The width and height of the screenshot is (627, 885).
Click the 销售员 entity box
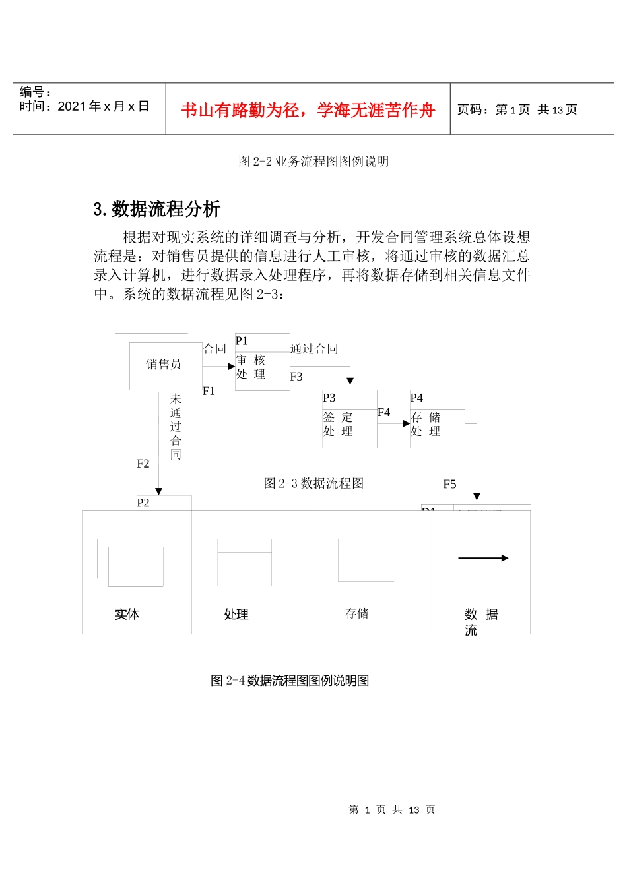pyautogui.click(x=164, y=365)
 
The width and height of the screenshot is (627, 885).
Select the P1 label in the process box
pyautogui.click(x=242, y=341)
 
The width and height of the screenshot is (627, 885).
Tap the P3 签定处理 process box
pyautogui.click(x=349, y=419)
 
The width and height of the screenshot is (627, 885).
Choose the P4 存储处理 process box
pyautogui.click(x=437, y=419)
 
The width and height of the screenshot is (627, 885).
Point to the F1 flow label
pyautogui.click(x=209, y=391)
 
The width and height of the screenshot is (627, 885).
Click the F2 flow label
pyautogui.click(x=143, y=464)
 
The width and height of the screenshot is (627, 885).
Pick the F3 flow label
pyautogui.click(x=296, y=377)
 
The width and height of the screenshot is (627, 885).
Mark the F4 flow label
pyautogui.click(x=383, y=412)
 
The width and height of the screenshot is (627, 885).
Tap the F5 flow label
pyautogui.click(x=449, y=484)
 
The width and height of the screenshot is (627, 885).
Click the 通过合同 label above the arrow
pyautogui.click(x=314, y=349)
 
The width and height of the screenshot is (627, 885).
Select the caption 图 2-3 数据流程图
pyautogui.click(x=313, y=483)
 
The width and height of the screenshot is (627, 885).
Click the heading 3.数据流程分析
pyautogui.click(x=157, y=209)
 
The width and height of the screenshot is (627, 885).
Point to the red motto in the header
pyautogui.click(x=308, y=110)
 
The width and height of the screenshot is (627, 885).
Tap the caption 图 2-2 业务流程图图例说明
pyautogui.click(x=313, y=161)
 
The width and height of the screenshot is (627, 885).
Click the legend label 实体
pyautogui.click(x=127, y=615)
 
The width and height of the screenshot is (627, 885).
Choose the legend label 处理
pyautogui.click(x=236, y=615)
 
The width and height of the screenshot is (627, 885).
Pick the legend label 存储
pyautogui.click(x=356, y=614)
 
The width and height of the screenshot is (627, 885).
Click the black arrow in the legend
pyautogui.click(x=483, y=558)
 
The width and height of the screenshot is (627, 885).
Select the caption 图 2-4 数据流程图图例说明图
pyautogui.click(x=290, y=681)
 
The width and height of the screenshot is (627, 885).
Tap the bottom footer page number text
pyautogui.click(x=391, y=810)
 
